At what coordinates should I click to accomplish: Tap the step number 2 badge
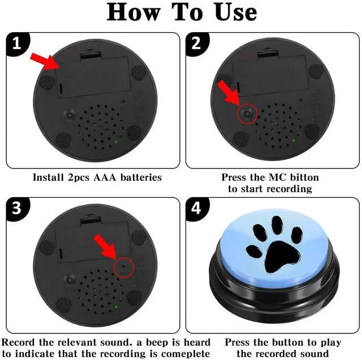197,44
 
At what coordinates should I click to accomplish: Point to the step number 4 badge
197,209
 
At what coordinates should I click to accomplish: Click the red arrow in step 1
46,61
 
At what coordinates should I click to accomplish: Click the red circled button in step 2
247,114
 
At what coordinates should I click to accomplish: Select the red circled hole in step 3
124,267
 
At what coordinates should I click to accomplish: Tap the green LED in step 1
116,142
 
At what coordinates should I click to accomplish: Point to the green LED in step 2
294,140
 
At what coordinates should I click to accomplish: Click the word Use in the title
236,12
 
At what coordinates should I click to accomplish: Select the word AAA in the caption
105,177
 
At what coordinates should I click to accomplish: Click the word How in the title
133,12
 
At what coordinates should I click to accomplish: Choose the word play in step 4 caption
330,343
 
